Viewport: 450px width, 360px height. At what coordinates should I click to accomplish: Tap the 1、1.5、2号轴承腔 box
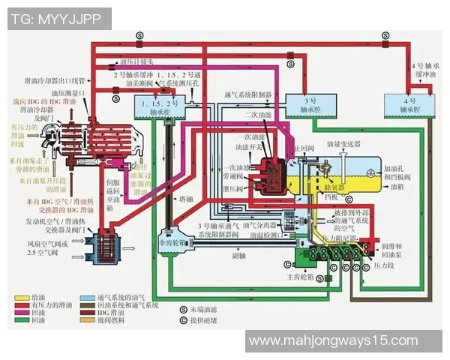coord(154,106)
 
